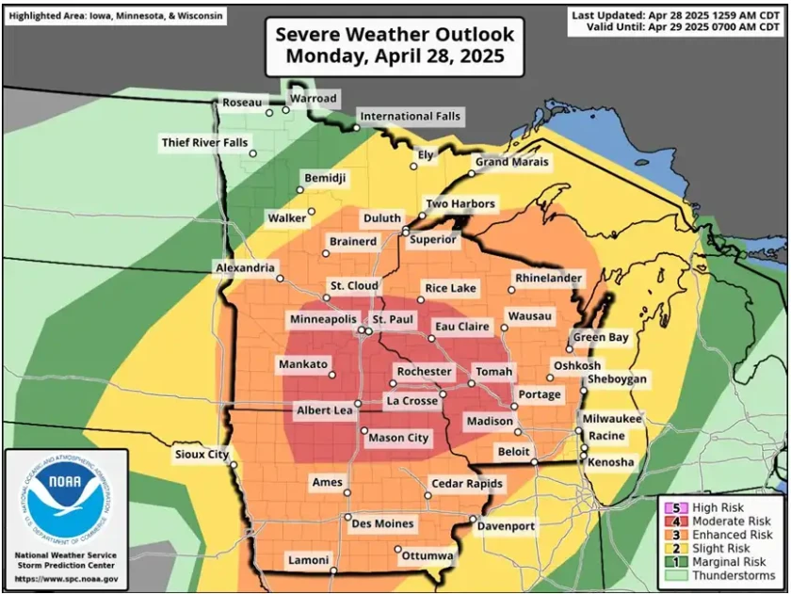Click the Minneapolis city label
point(323,319)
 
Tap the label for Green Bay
point(601,337)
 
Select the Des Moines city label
point(381,524)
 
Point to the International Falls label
point(411,117)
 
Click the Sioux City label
point(202,455)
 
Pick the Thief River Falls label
point(205,143)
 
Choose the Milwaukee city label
point(611,418)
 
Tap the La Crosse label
point(412,401)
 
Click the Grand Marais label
point(511,162)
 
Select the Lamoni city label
point(308,559)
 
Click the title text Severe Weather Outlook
point(395,35)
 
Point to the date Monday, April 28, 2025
point(395,56)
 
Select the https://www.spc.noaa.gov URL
point(66,578)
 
